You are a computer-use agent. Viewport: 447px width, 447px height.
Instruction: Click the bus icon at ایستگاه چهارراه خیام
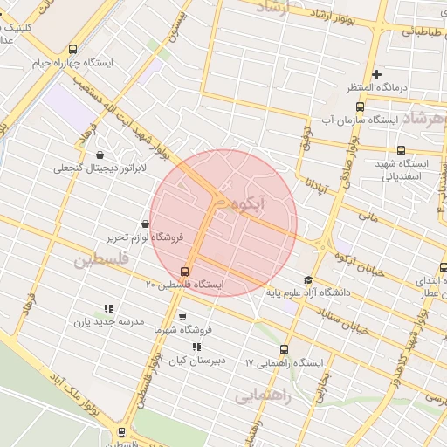pos(72,50)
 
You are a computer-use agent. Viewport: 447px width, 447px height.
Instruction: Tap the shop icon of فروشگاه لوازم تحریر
pos(144,224)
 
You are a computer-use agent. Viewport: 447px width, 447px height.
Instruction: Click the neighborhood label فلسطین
pos(100,260)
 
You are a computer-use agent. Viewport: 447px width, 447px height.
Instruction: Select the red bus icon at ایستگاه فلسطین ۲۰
pos(184,272)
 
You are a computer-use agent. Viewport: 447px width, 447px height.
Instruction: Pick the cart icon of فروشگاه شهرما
pos(182,317)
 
